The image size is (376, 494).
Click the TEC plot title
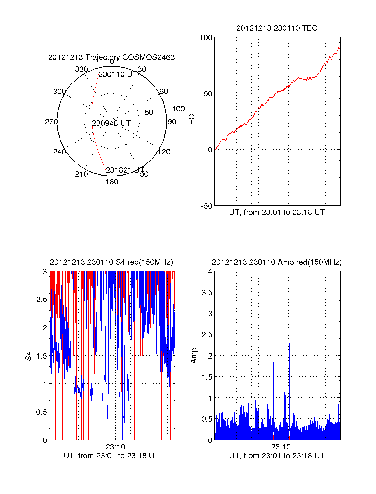(277, 28)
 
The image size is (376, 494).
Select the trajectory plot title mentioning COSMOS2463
(111, 57)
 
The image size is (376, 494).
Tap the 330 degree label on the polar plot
(81, 69)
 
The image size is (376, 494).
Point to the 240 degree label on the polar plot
(59, 152)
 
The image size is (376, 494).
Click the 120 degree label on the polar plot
(164, 152)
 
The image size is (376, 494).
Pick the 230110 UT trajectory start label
(118, 74)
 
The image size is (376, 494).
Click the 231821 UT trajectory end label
(125, 170)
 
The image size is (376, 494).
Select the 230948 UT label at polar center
(111, 123)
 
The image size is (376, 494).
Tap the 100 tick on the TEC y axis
(206, 38)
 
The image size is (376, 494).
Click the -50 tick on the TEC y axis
(206, 206)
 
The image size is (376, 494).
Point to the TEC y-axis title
(192, 122)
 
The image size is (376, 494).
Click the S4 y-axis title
(29, 356)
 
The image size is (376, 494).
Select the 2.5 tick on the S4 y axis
(41, 300)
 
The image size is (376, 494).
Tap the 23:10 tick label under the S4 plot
(115, 447)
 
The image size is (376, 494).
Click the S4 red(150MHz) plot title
(111, 262)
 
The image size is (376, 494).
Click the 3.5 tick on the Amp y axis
(207, 293)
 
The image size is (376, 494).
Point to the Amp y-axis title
(194, 356)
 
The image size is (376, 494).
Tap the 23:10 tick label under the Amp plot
(281, 447)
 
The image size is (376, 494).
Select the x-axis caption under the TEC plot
(277, 212)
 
